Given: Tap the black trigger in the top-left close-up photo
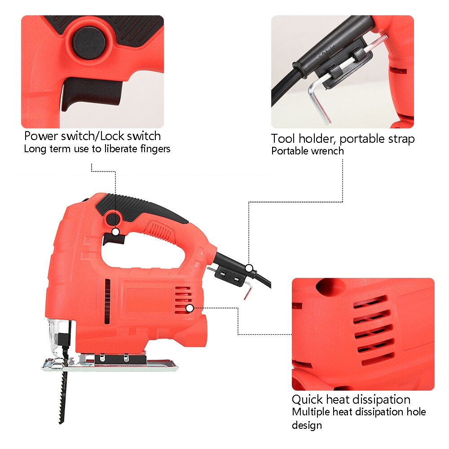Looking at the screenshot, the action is (x=91, y=93).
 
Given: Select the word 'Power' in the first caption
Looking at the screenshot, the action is (x=41, y=136).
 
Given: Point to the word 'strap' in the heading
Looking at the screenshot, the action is (x=401, y=139).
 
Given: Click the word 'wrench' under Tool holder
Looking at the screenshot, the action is (x=326, y=151).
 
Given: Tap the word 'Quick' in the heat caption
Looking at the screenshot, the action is (x=307, y=400).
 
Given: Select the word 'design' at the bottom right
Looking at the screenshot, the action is (x=307, y=425).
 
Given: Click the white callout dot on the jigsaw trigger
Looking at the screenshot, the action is (x=115, y=232).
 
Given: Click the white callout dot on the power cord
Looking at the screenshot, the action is (x=249, y=269).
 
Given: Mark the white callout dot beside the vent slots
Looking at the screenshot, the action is (x=189, y=308).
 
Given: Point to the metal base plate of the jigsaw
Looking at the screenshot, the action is (x=110, y=364).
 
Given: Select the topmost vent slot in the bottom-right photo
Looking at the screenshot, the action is (x=370, y=302).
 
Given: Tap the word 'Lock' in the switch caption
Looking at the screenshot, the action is (x=112, y=136).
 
